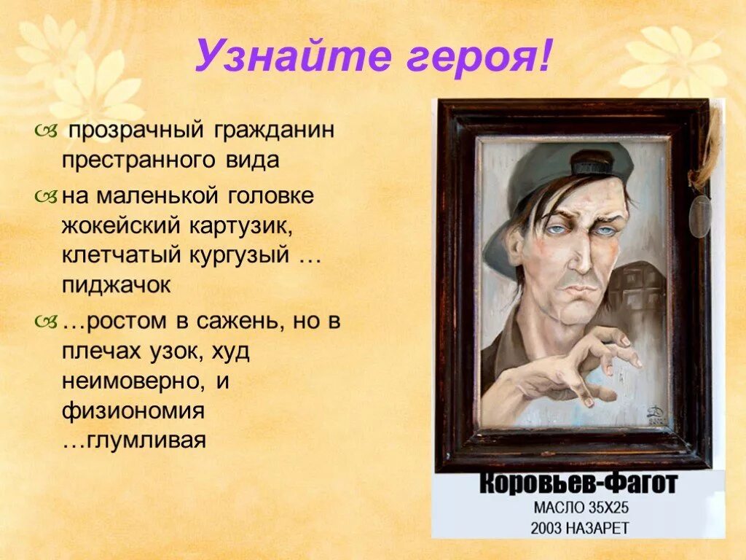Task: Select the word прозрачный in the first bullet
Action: pyautogui.click(x=136, y=132)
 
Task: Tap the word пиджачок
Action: pyautogui.click(x=116, y=286)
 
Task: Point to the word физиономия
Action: pyautogui.click(x=132, y=411)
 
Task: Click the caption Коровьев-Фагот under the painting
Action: pyautogui.click(x=577, y=484)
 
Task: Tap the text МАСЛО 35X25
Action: pyautogui.click(x=578, y=507)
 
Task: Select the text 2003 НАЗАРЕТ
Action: pyautogui.click(x=578, y=526)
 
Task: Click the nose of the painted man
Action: pyautogui.click(x=572, y=252)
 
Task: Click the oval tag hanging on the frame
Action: pyautogui.click(x=700, y=216)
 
